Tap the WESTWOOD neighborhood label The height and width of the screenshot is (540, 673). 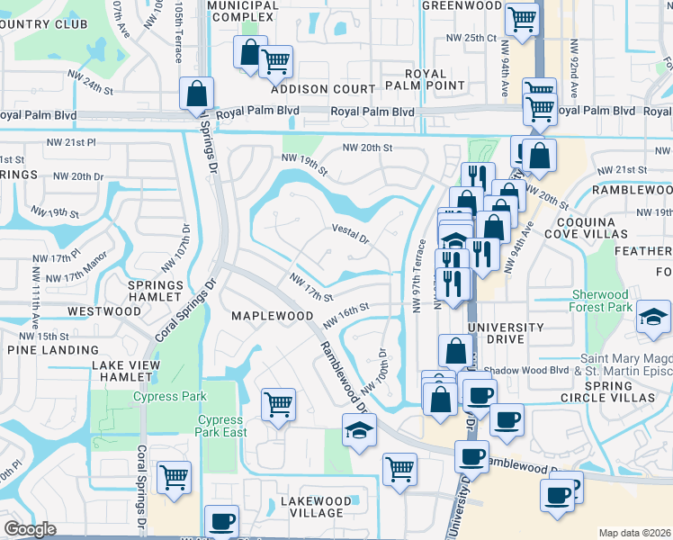(x=104, y=311)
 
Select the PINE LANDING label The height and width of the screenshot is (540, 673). (x=45, y=348)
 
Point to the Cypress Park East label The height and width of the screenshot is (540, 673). (x=220, y=426)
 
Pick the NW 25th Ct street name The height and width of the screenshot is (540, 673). (x=472, y=38)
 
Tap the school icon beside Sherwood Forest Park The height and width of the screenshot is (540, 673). (x=653, y=318)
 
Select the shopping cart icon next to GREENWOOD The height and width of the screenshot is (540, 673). (x=521, y=18)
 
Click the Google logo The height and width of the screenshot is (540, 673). (x=30, y=529)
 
